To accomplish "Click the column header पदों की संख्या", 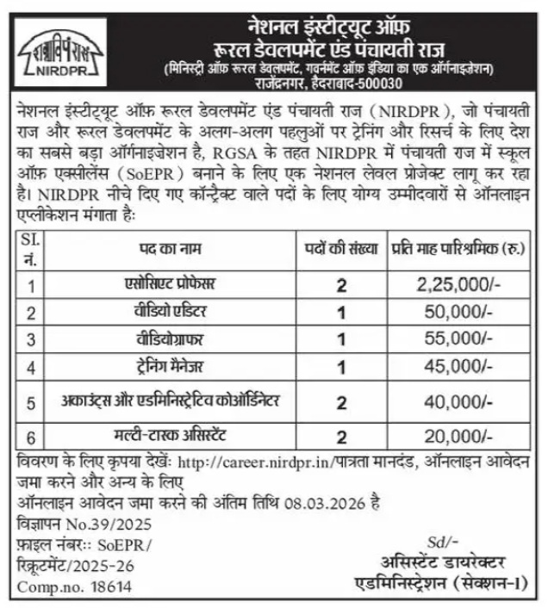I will (x=341, y=249).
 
